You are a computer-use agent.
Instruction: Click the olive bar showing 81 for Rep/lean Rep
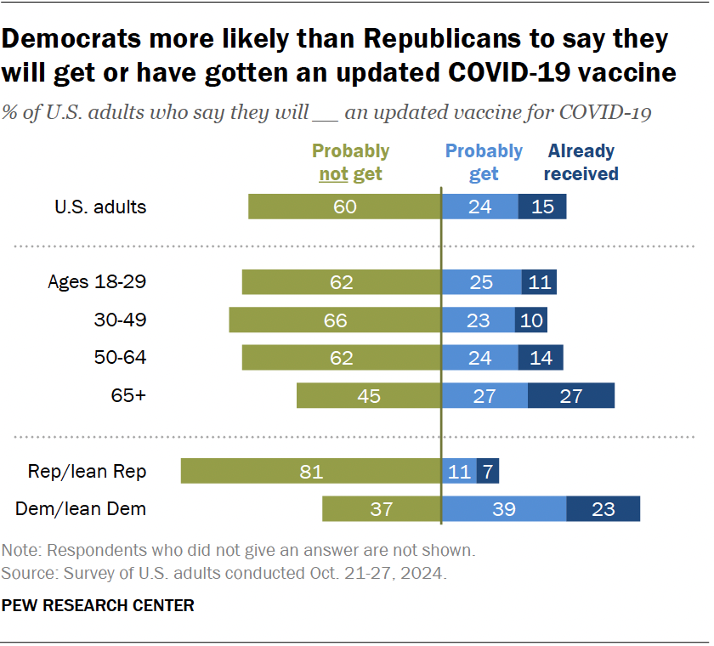[x=310, y=471]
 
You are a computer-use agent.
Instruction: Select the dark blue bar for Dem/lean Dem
[x=603, y=508]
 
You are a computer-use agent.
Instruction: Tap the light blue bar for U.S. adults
[x=479, y=207]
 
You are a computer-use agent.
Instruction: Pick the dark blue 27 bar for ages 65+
[x=570, y=395]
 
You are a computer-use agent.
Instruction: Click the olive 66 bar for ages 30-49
[x=335, y=320]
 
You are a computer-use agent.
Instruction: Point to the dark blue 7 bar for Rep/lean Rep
[x=487, y=471]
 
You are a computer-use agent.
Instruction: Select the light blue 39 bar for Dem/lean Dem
[x=504, y=508]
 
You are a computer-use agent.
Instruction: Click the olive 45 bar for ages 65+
[x=368, y=395]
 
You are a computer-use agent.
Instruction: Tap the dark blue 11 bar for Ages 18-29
[x=539, y=282]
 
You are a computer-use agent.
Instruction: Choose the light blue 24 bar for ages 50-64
[x=480, y=357]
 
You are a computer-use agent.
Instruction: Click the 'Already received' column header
[x=582, y=162]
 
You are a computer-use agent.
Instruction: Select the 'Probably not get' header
[x=350, y=162]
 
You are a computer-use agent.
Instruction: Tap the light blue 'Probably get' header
[x=484, y=162]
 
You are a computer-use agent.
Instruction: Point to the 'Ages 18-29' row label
[x=101, y=282]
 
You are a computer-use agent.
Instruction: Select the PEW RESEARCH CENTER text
[x=98, y=605]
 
